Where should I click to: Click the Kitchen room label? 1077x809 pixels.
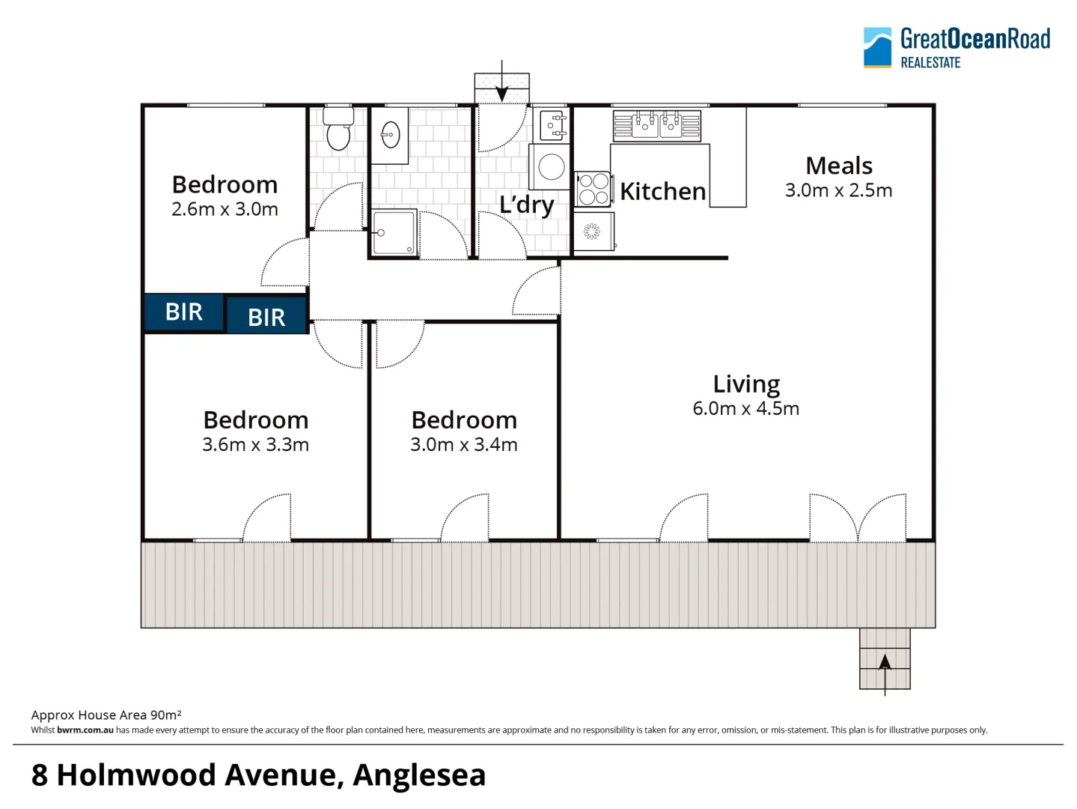coord(662,192)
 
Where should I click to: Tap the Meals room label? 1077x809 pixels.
coord(839,166)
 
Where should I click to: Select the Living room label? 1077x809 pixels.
coord(746,384)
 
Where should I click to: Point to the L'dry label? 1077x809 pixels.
coord(527,204)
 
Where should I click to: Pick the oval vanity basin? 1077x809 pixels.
coord(390,136)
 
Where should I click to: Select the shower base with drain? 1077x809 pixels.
coord(394,233)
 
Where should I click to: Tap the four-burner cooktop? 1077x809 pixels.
coord(594,189)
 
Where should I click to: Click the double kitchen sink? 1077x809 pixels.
coord(657,125)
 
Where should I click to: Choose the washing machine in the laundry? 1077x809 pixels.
coord(551,167)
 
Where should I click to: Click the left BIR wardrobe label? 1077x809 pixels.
coord(184,312)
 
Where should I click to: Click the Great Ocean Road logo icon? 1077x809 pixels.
coord(877,48)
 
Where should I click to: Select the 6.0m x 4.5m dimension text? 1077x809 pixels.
coord(745,409)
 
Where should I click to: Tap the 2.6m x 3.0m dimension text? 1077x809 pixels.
coord(225,210)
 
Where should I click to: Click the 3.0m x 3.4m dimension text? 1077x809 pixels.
coord(463,445)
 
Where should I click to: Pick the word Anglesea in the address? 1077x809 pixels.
coord(419,775)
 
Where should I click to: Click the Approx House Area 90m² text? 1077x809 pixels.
coord(106,715)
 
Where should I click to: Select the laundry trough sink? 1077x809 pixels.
coord(552,125)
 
